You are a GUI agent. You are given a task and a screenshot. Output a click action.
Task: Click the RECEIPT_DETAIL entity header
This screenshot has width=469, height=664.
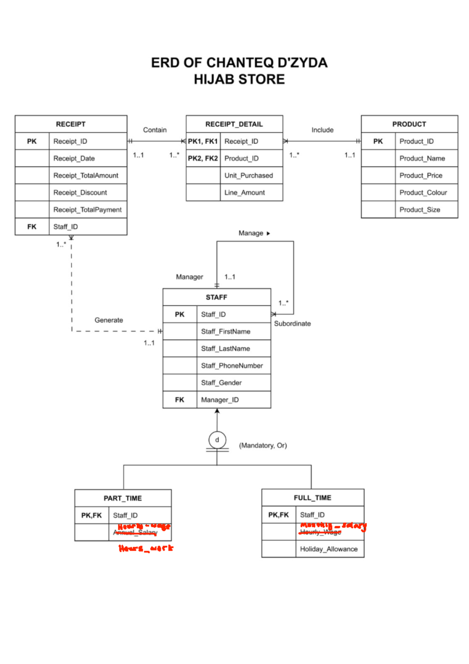[234, 124]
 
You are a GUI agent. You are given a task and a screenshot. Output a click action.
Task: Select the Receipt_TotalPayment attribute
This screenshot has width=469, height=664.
[87, 210]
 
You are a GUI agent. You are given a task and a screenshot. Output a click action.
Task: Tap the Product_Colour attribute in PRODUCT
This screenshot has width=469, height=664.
[423, 193]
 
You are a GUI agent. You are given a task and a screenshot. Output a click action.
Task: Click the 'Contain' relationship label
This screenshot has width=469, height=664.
[155, 130]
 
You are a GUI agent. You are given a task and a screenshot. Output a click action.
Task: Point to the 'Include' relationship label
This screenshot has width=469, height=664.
[322, 130]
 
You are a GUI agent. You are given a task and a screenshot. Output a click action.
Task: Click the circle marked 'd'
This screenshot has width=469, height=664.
[217, 440]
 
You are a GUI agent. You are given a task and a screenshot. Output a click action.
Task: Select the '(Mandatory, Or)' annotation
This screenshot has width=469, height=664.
[263, 445]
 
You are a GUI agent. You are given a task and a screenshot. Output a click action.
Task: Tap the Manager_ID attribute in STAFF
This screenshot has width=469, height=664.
[220, 400]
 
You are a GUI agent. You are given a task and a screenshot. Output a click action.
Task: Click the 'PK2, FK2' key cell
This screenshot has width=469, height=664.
[203, 158]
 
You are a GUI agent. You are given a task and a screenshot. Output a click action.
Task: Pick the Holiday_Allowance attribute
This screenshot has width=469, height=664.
[329, 549]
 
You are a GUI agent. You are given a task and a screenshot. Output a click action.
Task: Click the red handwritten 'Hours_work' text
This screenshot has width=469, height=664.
[146, 548]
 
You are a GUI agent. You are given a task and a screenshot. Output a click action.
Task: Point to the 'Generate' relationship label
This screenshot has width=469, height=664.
[109, 320]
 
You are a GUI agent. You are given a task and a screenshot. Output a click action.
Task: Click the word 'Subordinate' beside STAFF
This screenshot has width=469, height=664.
[292, 324]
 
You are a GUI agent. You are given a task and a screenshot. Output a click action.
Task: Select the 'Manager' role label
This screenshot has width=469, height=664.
[190, 277]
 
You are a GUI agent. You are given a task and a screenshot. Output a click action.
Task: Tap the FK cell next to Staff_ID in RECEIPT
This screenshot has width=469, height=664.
[32, 227]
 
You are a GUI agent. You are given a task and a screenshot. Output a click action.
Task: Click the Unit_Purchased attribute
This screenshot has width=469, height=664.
[249, 176]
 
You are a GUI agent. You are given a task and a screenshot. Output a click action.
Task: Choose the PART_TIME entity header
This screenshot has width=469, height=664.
[123, 498]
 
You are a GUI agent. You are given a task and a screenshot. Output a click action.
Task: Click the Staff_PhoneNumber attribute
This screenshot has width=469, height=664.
[232, 366]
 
